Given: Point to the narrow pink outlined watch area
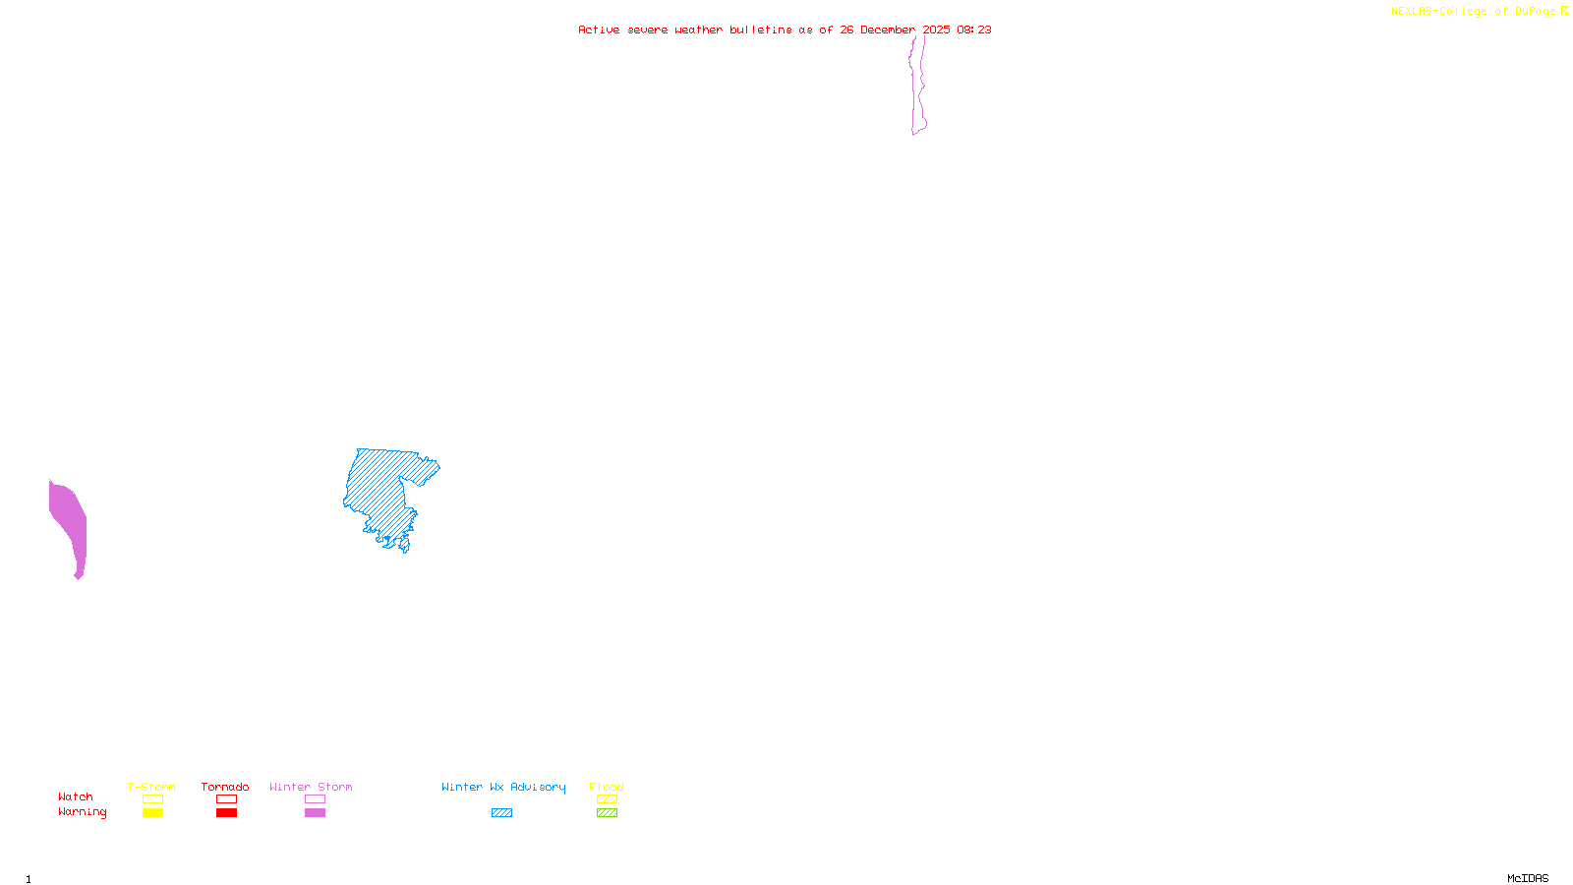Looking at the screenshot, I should coord(917,88).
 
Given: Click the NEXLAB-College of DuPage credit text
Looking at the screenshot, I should coord(1479,11).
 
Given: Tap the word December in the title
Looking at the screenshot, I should coord(888,29).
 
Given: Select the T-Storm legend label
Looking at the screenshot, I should coord(151,787).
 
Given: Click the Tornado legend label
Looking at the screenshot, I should coord(225,787).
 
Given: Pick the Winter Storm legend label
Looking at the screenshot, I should coord(311,787).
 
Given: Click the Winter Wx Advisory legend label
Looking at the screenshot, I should coord(503,787).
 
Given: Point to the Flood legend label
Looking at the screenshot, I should coord(607,787).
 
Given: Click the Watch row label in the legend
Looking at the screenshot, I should coord(76,796).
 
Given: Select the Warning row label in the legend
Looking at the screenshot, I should coord(83,812).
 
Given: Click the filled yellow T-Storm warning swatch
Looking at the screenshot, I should coord(152,813).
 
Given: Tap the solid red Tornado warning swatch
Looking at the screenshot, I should coord(226,813).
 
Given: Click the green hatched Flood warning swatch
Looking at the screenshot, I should coord(607,813).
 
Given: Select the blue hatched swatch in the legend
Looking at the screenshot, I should coord(501,813).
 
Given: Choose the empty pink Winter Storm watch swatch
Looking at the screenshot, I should coord(315,799).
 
